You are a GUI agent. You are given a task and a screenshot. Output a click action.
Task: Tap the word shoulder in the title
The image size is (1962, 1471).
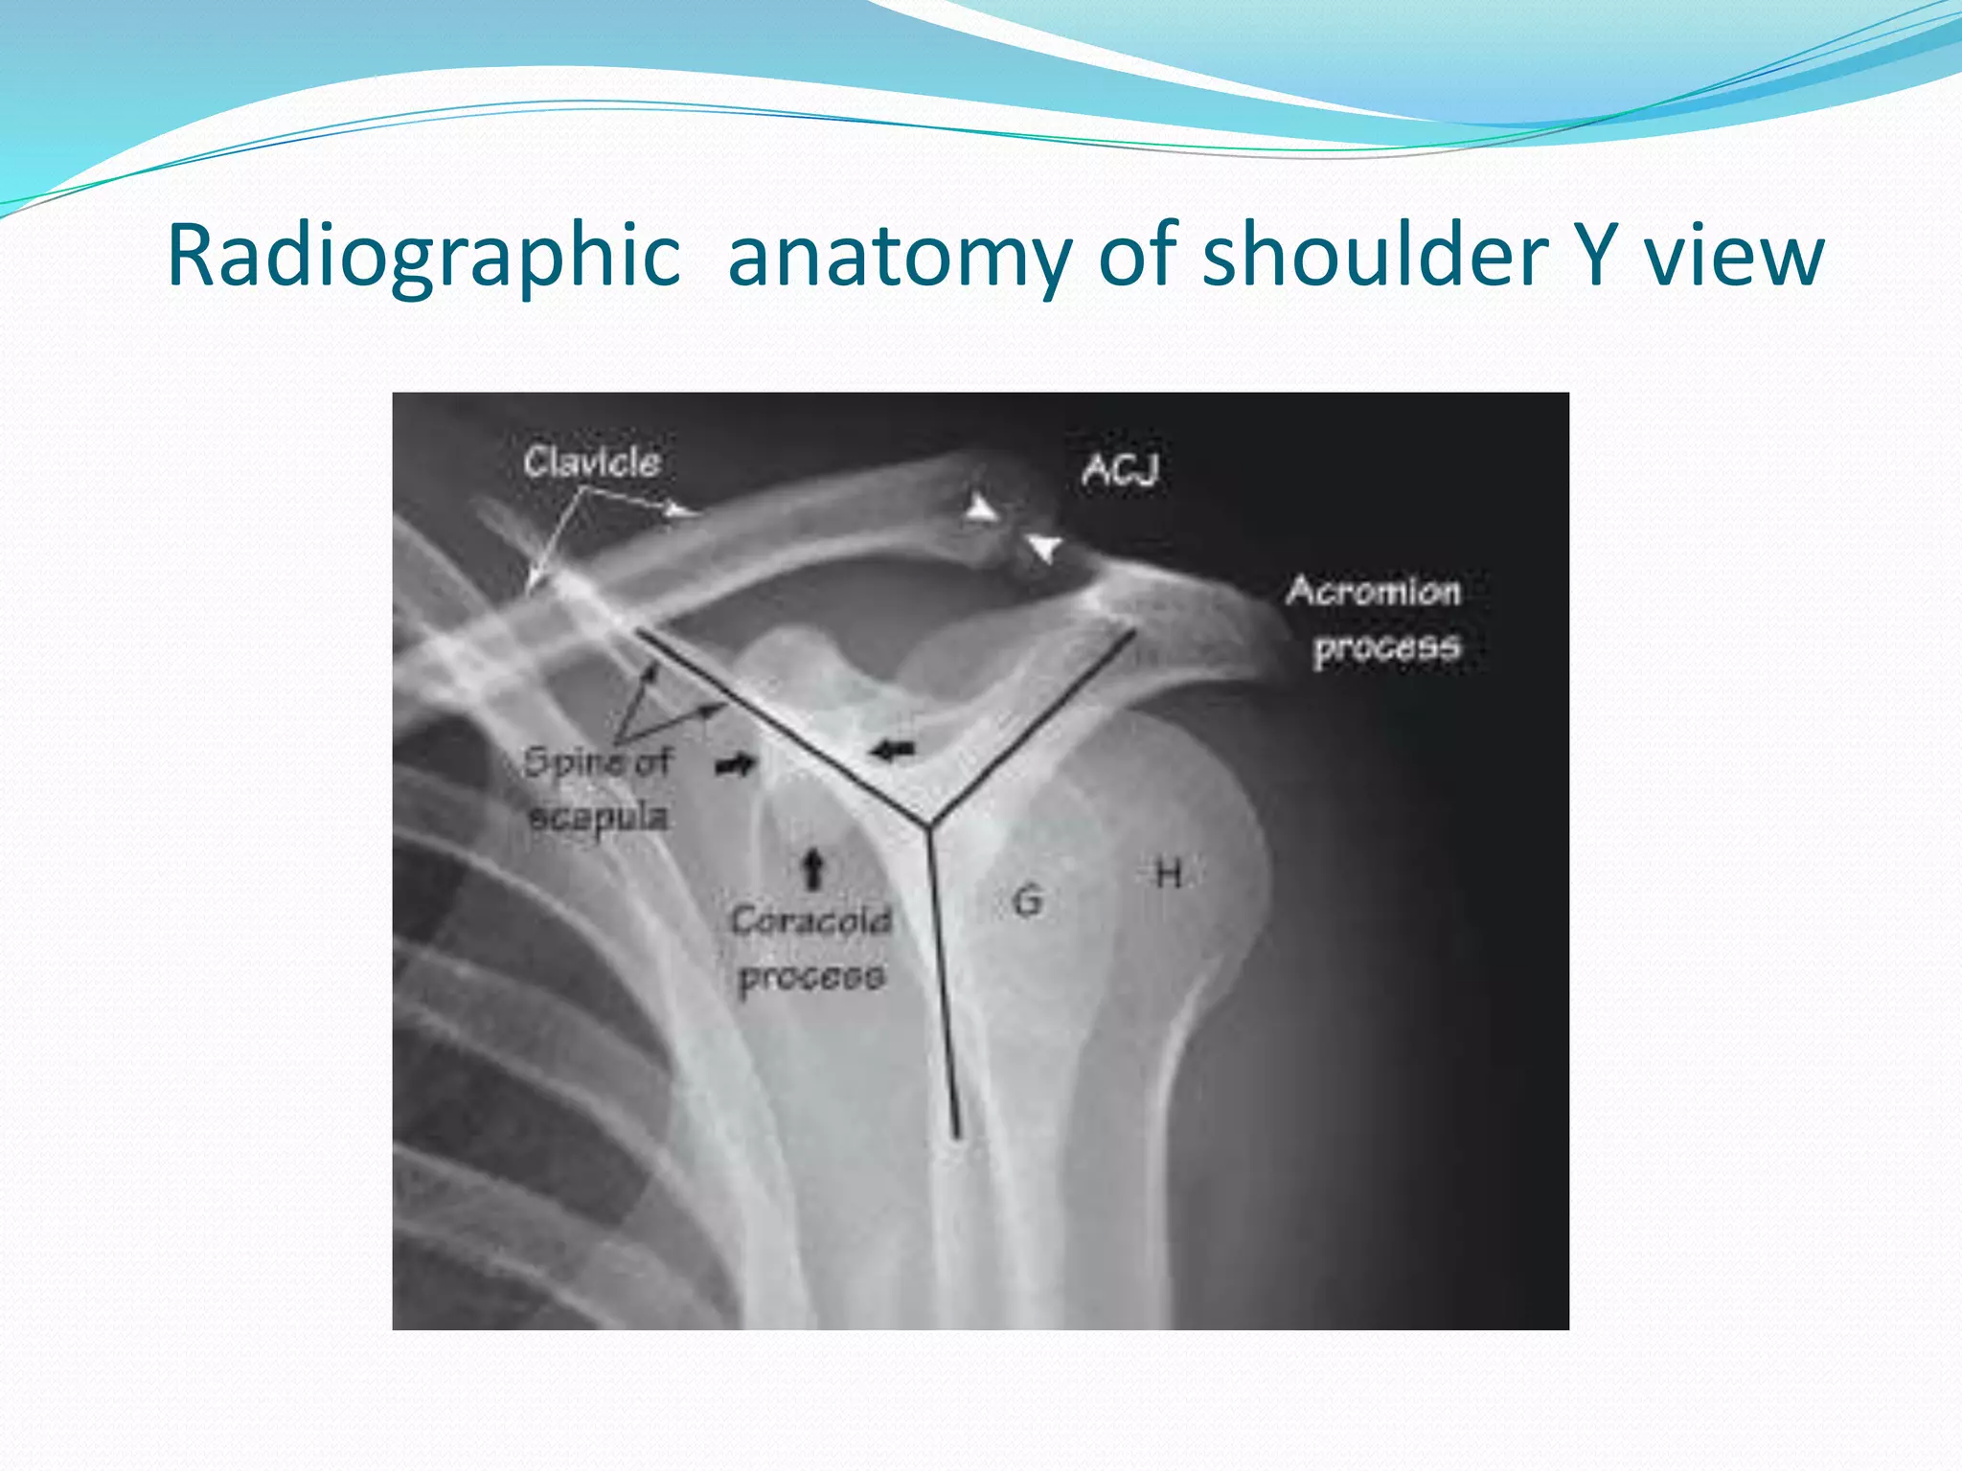(1375, 257)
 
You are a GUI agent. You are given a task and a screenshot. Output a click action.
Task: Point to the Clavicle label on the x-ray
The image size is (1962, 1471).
(592, 463)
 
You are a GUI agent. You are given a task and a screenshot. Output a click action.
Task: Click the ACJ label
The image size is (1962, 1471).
(1120, 470)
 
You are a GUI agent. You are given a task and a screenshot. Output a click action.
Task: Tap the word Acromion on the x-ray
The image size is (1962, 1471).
(1373, 591)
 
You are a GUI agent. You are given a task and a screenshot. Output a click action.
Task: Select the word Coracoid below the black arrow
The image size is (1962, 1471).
(810, 920)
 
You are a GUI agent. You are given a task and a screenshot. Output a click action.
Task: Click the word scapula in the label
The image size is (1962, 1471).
(598, 817)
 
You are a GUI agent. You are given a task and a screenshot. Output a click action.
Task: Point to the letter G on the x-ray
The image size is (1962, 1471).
(1027, 900)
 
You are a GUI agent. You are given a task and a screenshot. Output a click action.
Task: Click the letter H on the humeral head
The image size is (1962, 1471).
(1168, 873)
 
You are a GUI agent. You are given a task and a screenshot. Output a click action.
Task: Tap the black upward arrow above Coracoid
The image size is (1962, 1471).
(813, 868)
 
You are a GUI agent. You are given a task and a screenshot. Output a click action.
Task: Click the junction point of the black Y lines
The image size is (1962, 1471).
(926, 825)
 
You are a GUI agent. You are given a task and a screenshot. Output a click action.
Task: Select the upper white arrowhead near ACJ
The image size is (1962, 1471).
(980, 508)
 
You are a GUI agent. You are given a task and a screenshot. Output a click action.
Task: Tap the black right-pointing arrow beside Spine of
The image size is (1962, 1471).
(737, 763)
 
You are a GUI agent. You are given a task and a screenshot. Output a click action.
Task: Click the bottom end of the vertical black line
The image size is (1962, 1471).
(955, 1136)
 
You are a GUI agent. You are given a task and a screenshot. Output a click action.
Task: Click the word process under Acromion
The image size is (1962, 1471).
(1386, 647)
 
